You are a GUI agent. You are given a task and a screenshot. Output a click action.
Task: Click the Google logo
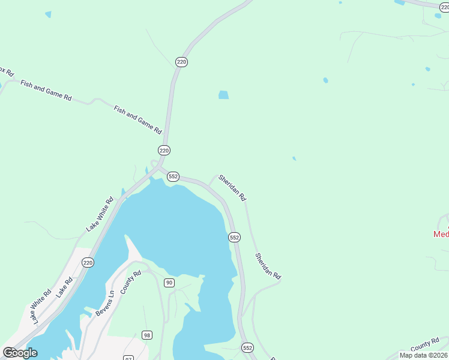point(20,353)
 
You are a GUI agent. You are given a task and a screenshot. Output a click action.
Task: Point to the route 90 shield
point(169,283)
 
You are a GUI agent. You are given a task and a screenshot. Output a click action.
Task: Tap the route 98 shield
point(146,334)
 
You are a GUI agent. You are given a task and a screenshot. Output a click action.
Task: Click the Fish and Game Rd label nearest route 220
point(138,119)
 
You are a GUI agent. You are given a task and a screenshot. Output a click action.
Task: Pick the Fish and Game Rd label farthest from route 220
point(46,90)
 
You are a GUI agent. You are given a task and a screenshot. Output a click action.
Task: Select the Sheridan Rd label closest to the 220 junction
point(232,187)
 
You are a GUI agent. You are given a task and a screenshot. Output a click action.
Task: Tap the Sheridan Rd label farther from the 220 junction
point(268,266)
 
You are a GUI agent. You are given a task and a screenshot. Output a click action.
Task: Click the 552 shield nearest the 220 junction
point(173,176)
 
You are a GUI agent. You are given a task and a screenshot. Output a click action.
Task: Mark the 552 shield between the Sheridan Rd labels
point(234,238)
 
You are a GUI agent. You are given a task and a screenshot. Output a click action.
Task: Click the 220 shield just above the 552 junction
point(164,150)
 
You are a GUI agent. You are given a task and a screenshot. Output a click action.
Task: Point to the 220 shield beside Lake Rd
point(88,262)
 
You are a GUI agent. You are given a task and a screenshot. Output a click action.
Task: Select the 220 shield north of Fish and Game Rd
point(181,62)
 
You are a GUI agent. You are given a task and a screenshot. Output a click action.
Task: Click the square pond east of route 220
point(223,95)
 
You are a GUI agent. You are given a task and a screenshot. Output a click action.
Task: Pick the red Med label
point(441,234)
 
